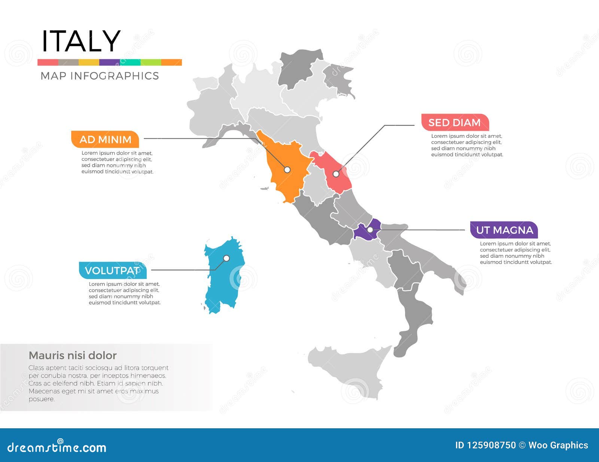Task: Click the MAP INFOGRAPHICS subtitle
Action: tap(100, 76)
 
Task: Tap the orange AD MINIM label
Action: tap(105, 139)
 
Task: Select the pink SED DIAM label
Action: tap(454, 123)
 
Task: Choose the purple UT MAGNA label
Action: tap(504, 230)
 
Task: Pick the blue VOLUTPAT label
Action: tap(112, 271)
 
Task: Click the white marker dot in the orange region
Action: tap(287, 170)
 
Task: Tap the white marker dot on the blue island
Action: tap(226, 258)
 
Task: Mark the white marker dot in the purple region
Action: tap(370, 230)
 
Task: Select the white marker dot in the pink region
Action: tap(336, 174)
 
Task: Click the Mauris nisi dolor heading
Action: tap(73, 355)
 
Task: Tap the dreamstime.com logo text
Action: tap(57, 447)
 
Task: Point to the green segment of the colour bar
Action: tap(151, 62)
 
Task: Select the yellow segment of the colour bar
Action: tap(89, 62)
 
